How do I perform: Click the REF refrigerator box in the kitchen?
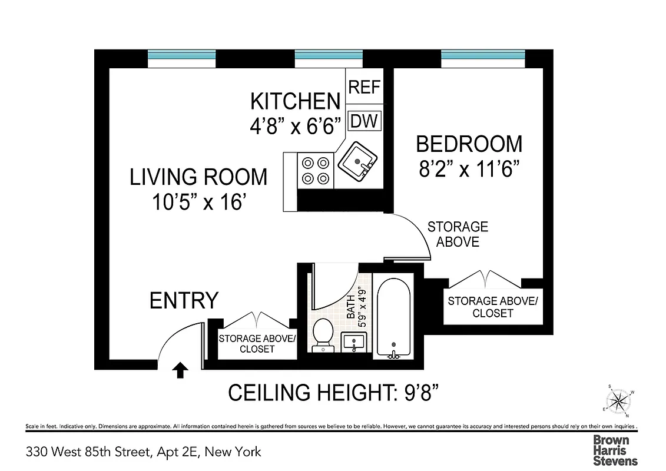tap(365, 87)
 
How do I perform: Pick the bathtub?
tap(394, 319)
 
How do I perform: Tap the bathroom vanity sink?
tap(354, 341)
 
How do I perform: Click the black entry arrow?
tap(181, 370)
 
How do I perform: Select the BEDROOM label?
tap(469, 144)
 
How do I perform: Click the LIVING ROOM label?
tap(198, 177)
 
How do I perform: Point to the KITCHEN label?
tap(295, 101)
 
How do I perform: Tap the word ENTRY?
tap(184, 300)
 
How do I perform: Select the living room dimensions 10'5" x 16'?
tap(198, 203)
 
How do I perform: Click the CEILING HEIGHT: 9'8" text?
tap(334, 393)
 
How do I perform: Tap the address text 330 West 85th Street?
tap(143, 452)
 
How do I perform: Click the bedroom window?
tap(482, 55)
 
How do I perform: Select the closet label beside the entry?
tap(257, 343)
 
